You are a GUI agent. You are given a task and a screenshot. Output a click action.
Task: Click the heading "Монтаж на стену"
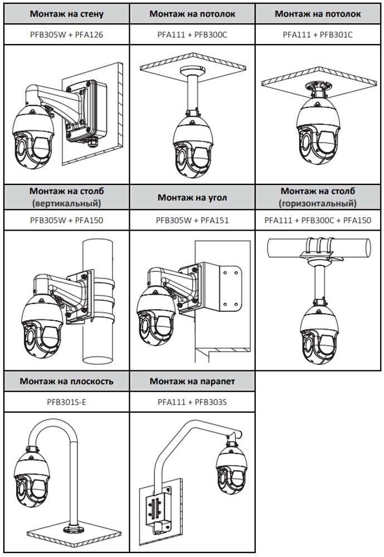tap(66, 14)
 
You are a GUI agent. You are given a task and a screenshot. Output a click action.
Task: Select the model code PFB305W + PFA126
tap(66, 35)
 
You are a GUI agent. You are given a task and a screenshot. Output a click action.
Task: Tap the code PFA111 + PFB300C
tap(192, 35)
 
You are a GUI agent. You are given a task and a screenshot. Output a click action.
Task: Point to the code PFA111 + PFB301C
tap(318, 35)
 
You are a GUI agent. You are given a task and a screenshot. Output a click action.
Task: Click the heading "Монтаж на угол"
tap(192, 198)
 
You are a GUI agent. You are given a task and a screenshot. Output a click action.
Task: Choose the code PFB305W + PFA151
tap(192, 220)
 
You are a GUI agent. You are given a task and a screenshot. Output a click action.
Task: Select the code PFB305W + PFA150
tap(66, 220)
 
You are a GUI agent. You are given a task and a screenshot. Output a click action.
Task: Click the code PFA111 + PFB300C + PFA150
tap(318, 220)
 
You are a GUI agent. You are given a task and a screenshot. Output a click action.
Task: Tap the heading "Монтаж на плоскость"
tap(66, 382)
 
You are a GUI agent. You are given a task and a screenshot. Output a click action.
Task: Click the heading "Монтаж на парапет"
tap(192, 382)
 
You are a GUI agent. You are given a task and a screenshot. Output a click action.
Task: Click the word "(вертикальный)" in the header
tap(66, 203)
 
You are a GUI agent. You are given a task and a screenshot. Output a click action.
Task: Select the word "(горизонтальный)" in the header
tap(318, 203)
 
